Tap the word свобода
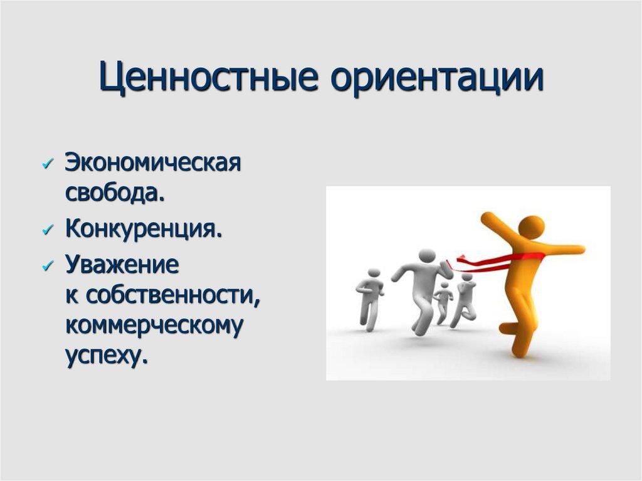coord(115,192)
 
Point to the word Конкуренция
coord(144,229)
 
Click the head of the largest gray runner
coord(427,256)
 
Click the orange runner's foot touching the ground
coord(518,352)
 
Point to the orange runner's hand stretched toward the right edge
coord(579,249)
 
